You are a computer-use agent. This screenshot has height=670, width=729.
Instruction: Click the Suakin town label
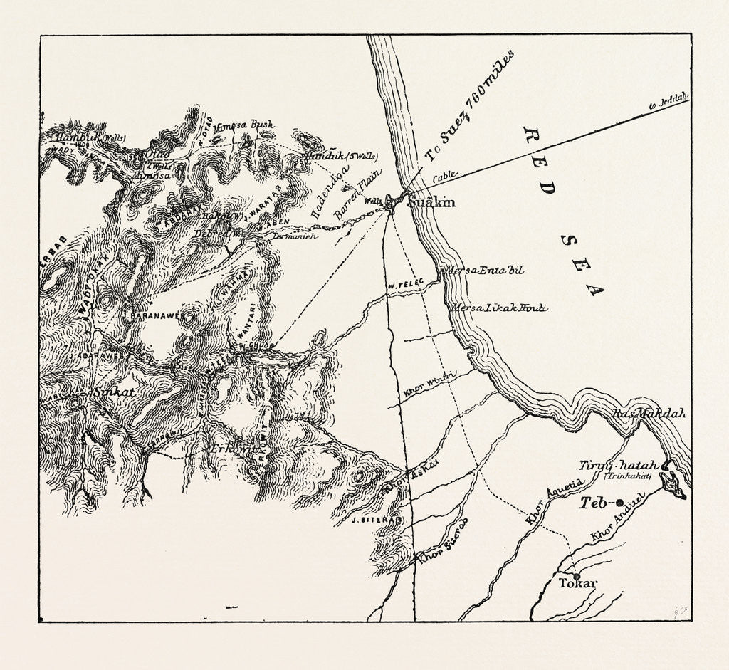pos(431,203)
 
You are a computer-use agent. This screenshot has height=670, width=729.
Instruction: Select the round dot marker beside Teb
pos(619,502)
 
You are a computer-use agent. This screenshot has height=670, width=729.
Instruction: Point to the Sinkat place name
pos(109,392)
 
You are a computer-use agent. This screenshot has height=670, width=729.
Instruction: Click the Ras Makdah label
pos(646,414)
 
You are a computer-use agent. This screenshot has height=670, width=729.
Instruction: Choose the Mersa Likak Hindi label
pos(498,307)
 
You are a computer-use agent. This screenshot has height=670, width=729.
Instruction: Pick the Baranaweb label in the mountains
pos(157,315)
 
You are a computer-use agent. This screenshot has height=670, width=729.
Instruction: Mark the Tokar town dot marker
pos(576,575)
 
